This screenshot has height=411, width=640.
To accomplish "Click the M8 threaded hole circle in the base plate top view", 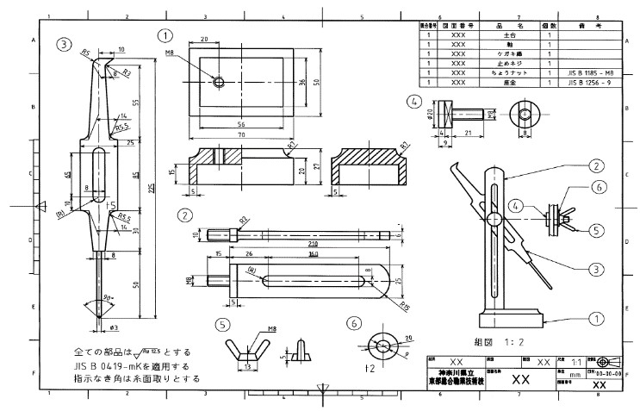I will [x=219, y=82].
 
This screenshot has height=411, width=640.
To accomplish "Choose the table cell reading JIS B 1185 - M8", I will [x=590, y=73].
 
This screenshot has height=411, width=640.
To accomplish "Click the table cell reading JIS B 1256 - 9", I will [x=590, y=83].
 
